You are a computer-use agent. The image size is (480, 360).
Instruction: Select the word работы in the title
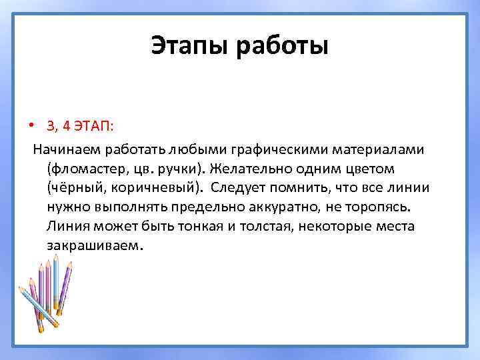pyautogui.click(x=282, y=47)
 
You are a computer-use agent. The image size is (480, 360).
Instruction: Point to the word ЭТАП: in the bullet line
pyautogui.click(x=93, y=126)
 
